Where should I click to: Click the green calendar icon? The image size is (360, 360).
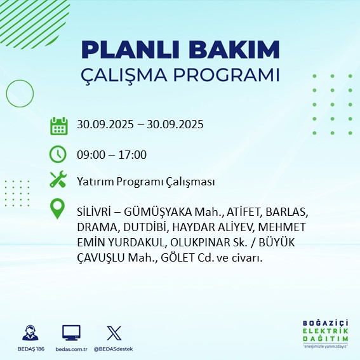(x=58, y=125)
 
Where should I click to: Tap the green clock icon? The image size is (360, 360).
(x=58, y=154)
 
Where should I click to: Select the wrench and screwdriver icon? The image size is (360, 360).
(x=58, y=180)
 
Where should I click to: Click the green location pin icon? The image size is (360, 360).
(x=58, y=209)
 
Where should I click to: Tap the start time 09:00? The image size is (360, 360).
(x=90, y=154)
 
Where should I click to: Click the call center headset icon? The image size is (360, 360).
(x=30, y=333)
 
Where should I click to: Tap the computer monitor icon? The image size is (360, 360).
(x=71, y=333)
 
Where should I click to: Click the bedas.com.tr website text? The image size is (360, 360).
(x=71, y=349)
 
